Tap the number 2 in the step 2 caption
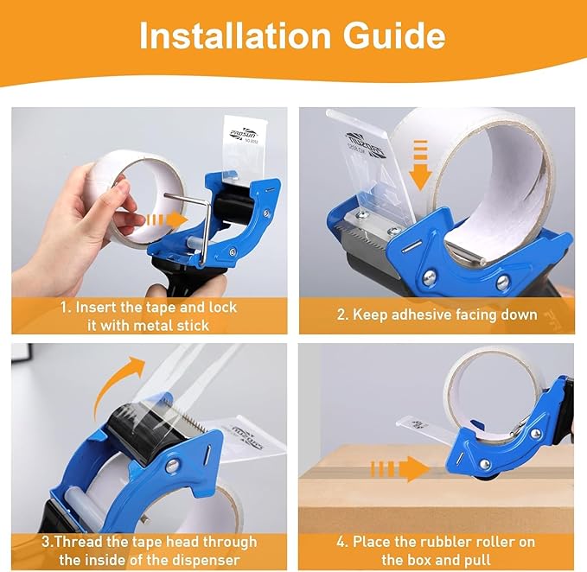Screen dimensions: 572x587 [x=340, y=315]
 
